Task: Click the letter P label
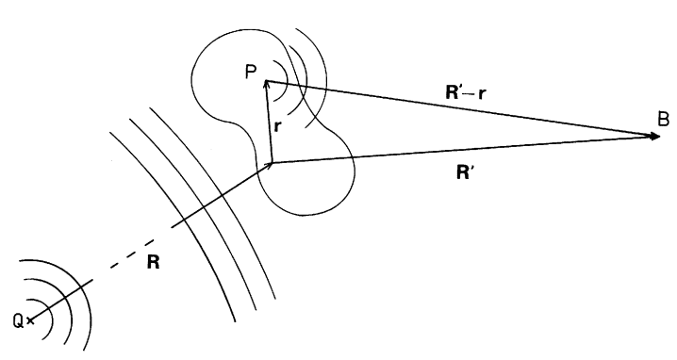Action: click(251, 72)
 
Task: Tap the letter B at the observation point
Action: click(664, 119)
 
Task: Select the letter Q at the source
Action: click(18, 321)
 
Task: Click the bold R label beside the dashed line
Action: click(154, 262)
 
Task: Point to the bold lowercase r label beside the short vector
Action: click(277, 126)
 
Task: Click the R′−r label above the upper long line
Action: click(466, 92)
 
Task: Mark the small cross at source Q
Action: click(30, 320)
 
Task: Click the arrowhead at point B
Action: click(655, 137)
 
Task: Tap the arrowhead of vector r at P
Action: click(267, 85)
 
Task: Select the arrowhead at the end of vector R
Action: click(269, 165)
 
